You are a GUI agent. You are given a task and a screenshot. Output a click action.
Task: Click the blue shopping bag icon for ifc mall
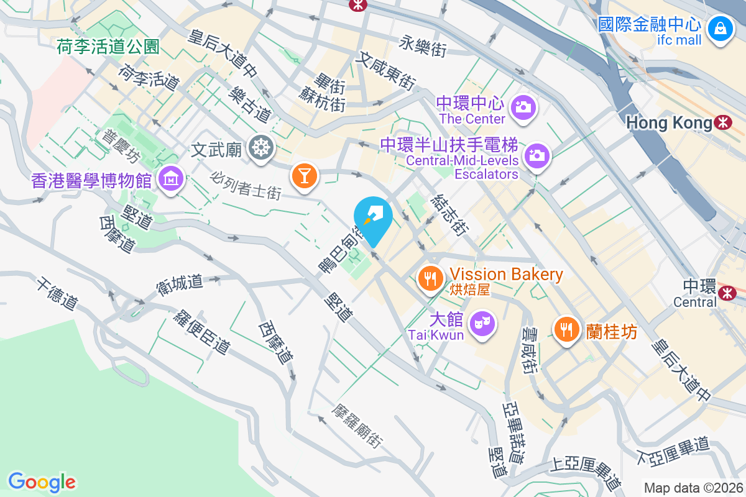pyautogui.click(x=719, y=29)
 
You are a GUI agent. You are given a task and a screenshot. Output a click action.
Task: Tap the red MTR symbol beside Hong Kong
pyautogui.click(x=723, y=122)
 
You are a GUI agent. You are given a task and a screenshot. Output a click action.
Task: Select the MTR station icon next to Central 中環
pyautogui.click(x=725, y=292)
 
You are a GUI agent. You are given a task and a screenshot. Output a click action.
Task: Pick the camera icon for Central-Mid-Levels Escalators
pyautogui.click(x=536, y=155)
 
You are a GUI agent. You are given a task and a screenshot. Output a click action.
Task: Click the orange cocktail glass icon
pyautogui.click(x=305, y=176)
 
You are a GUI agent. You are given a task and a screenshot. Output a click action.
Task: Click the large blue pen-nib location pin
pyautogui.click(x=373, y=219)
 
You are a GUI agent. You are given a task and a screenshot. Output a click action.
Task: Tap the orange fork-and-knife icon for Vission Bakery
pyautogui.click(x=430, y=278)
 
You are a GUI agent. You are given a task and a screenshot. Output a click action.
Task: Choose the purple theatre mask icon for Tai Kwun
pyautogui.click(x=482, y=323)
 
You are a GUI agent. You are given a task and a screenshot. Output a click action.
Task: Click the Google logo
pyautogui.click(x=42, y=481)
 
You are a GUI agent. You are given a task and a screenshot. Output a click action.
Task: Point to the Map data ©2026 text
pyautogui.click(x=693, y=488)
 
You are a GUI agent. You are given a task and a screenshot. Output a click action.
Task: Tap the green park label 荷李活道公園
pyautogui.click(x=108, y=47)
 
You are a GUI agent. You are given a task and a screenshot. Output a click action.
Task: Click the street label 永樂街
pyautogui.click(x=423, y=45)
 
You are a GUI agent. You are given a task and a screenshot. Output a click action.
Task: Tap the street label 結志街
pyautogui.click(x=448, y=214)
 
